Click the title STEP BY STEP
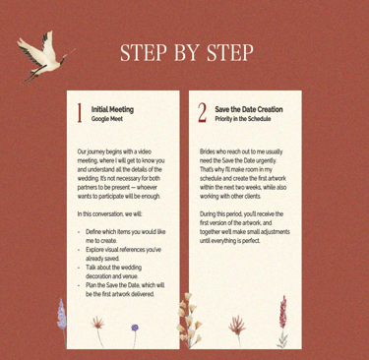tap(187, 52)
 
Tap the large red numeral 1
tap(80, 113)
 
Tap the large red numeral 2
tap(203, 113)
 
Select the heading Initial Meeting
tap(112, 109)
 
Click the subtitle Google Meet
tap(107, 119)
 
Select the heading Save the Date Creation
tap(249, 109)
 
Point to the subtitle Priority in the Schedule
tap(243, 119)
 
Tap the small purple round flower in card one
tap(135, 328)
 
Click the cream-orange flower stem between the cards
tap(189, 320)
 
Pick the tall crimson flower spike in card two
tap(282, 313)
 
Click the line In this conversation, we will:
tap(110, 214)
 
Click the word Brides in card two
tap(208, 151)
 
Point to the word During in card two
tap(208, 214)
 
